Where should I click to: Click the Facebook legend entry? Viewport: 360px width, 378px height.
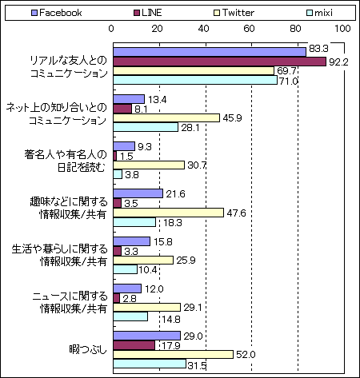(57, 13)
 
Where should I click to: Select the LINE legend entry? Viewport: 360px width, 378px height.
(148, 13)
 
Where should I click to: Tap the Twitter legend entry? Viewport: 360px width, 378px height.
(234, 13)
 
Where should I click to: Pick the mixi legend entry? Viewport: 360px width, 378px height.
(320, 13)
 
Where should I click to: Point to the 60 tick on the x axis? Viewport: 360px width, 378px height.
(250, 29)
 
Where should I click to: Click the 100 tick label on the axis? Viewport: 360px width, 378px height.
(342, 29)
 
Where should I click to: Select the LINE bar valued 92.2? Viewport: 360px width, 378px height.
(220, 62)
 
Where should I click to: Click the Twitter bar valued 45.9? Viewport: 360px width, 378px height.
(166, 117)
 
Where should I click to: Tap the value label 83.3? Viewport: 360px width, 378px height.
(318, 49)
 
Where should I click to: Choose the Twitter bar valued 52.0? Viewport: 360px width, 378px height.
(174, 354)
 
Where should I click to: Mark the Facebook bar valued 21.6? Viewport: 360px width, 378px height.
(138, 193)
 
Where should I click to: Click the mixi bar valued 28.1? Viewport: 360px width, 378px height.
(146, 127)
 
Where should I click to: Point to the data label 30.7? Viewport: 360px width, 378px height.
(197, 165)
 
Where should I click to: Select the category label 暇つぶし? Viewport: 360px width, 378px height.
(88, 349)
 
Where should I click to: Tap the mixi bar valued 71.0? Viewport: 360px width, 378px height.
(195, 80)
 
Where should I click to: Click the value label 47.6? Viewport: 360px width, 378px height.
(236, 213)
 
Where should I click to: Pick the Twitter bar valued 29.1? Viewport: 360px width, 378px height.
(147, 308)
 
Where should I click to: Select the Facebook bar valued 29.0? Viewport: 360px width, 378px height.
(147, 336)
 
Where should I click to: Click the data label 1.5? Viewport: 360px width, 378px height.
(126, 156)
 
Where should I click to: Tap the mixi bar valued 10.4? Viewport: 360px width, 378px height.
(126, 269)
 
